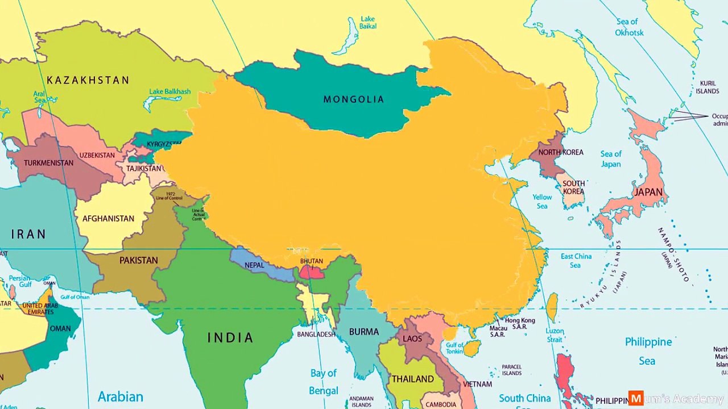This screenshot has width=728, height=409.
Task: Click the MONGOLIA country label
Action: pos(354,99)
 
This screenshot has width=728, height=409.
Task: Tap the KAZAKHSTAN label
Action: pos(88,80)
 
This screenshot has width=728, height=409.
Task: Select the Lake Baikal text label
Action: pos(368,23)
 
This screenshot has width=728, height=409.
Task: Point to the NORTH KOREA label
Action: pos(561,152)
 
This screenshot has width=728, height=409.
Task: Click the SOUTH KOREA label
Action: pos(573,187)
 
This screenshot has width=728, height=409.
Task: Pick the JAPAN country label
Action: pos(648,193)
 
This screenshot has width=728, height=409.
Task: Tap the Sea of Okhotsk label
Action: pos(628,27)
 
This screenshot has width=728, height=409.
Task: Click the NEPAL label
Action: pos(254,265)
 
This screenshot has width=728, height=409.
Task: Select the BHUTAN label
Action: pos(311,261)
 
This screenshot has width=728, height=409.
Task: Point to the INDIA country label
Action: pos(230,338)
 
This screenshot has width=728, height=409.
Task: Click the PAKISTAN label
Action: pos(139,261)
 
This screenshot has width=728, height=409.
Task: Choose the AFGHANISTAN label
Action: pos(108,219)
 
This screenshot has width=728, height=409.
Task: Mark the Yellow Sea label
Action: pos(542,202)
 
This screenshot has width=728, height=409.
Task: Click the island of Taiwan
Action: pos(552,307)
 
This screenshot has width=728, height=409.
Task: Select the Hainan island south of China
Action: pos(471,348)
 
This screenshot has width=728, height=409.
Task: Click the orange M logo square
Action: pos(636,398)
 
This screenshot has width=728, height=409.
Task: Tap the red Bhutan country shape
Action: pos(312,273)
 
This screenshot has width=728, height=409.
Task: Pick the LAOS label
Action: pos(412,339)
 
